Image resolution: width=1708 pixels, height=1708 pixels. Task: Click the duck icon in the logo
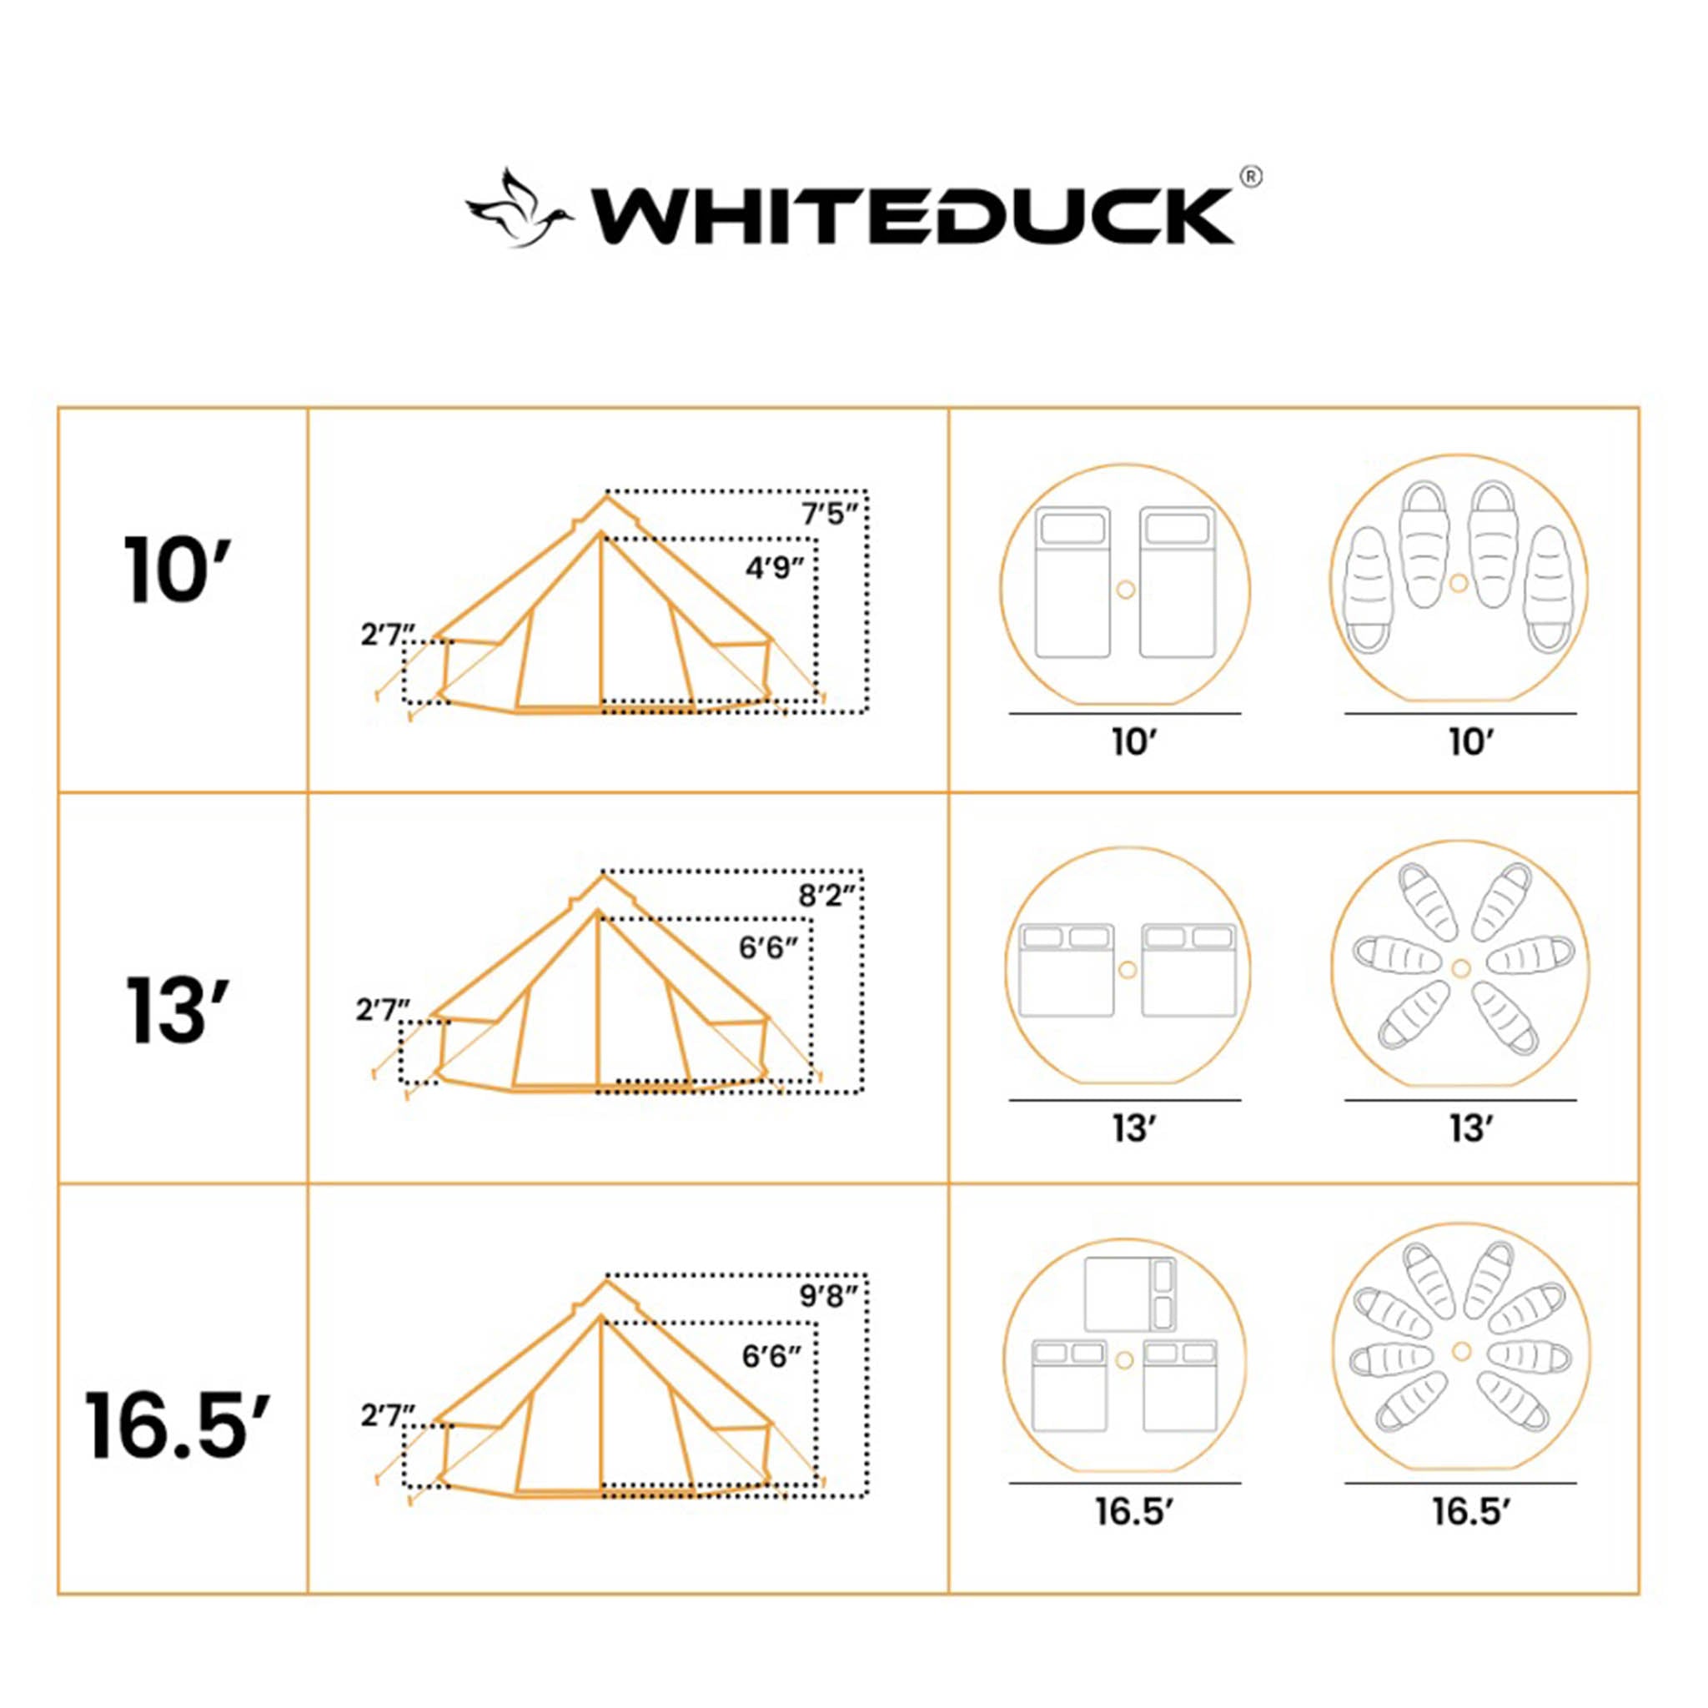[x=519, y=208]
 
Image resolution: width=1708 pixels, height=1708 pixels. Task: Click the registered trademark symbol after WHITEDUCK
[x=1251, y=177]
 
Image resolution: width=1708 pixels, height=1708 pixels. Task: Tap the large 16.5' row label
[x=176, y=1425]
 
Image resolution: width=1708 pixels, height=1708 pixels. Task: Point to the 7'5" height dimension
[x=829, y=514]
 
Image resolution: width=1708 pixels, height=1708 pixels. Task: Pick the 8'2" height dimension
[x=827, y=896]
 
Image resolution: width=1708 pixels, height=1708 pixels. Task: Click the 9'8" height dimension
[x=828, y=1297]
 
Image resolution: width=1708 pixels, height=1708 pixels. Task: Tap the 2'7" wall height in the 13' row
[x=384, y=1010]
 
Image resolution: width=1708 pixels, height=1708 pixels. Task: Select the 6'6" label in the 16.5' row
[x=771, y=1356]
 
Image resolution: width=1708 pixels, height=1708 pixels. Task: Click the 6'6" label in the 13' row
[x=768, y=948]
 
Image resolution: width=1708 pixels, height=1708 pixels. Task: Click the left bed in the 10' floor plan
[x=1073, y=583]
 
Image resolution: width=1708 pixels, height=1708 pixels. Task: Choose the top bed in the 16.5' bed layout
[x=1131, y=1294]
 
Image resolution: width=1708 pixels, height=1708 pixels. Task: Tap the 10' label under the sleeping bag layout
[x=1470, y=742]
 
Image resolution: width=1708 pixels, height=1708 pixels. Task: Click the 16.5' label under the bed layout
[x=1133, y=1512]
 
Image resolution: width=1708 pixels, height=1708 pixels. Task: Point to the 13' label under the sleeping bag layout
[x=1470, y=1129]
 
